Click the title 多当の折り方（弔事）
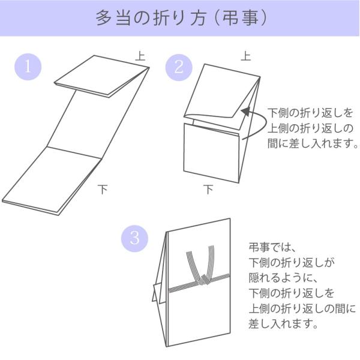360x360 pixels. pyautogui.click(x=181, y=18)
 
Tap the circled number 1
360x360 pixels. pyautogui.click(x=28, y=67)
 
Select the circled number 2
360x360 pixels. pyautogui.click(x=179, y=67)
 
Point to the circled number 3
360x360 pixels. pyautogui.click(x=134, y=238)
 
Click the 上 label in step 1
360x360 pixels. pyautogui.click(x=140, y=56)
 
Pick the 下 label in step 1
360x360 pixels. pyautogui.click(x=103, y=189)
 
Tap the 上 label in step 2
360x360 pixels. pyautogui.click(x=245, y=56)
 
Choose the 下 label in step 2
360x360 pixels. pyautogui.click(x=208, y=189)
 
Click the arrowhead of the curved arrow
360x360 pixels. pyautogui.click(x=245, y=111)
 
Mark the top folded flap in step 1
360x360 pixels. pyautogui.click(x=102, y=76)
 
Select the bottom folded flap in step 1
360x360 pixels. pyautogui.click(x=52, y=181)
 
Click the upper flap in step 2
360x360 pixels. pyautogui.click(x=222, y=91)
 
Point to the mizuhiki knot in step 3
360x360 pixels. pyautogui.click(x=203, y=280)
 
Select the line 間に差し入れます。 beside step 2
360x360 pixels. pyautogui.click(x=313, y=143)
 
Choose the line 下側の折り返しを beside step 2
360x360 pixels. pyautogui.click(x=310, y=113)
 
